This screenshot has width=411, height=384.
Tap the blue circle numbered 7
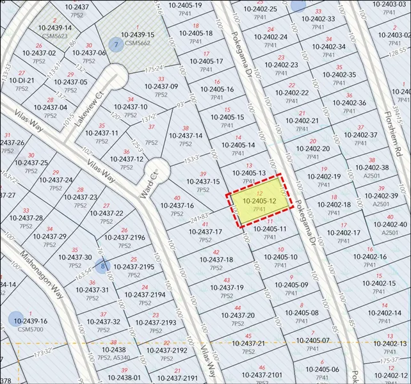(115, 45)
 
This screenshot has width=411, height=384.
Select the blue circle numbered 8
(102, 265)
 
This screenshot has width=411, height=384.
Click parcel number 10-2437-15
(203, 182)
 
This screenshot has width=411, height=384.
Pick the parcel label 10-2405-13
(248, 173)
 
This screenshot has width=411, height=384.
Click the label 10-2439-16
(29, 321)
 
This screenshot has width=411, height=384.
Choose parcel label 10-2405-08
(302, 313)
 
